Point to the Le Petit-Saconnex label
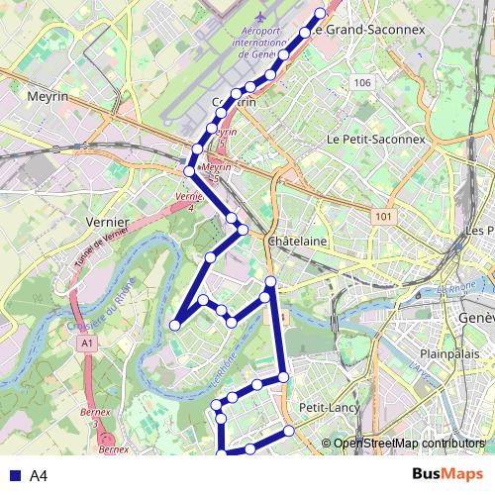375,140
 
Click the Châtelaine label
297,241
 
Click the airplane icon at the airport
260,17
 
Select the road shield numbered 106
361,82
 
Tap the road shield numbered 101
384,216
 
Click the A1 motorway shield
88,344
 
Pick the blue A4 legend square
14,476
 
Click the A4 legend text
39,476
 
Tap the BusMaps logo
448,474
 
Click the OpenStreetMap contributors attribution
408,444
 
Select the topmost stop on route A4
320,14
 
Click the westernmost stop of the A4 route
175,324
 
